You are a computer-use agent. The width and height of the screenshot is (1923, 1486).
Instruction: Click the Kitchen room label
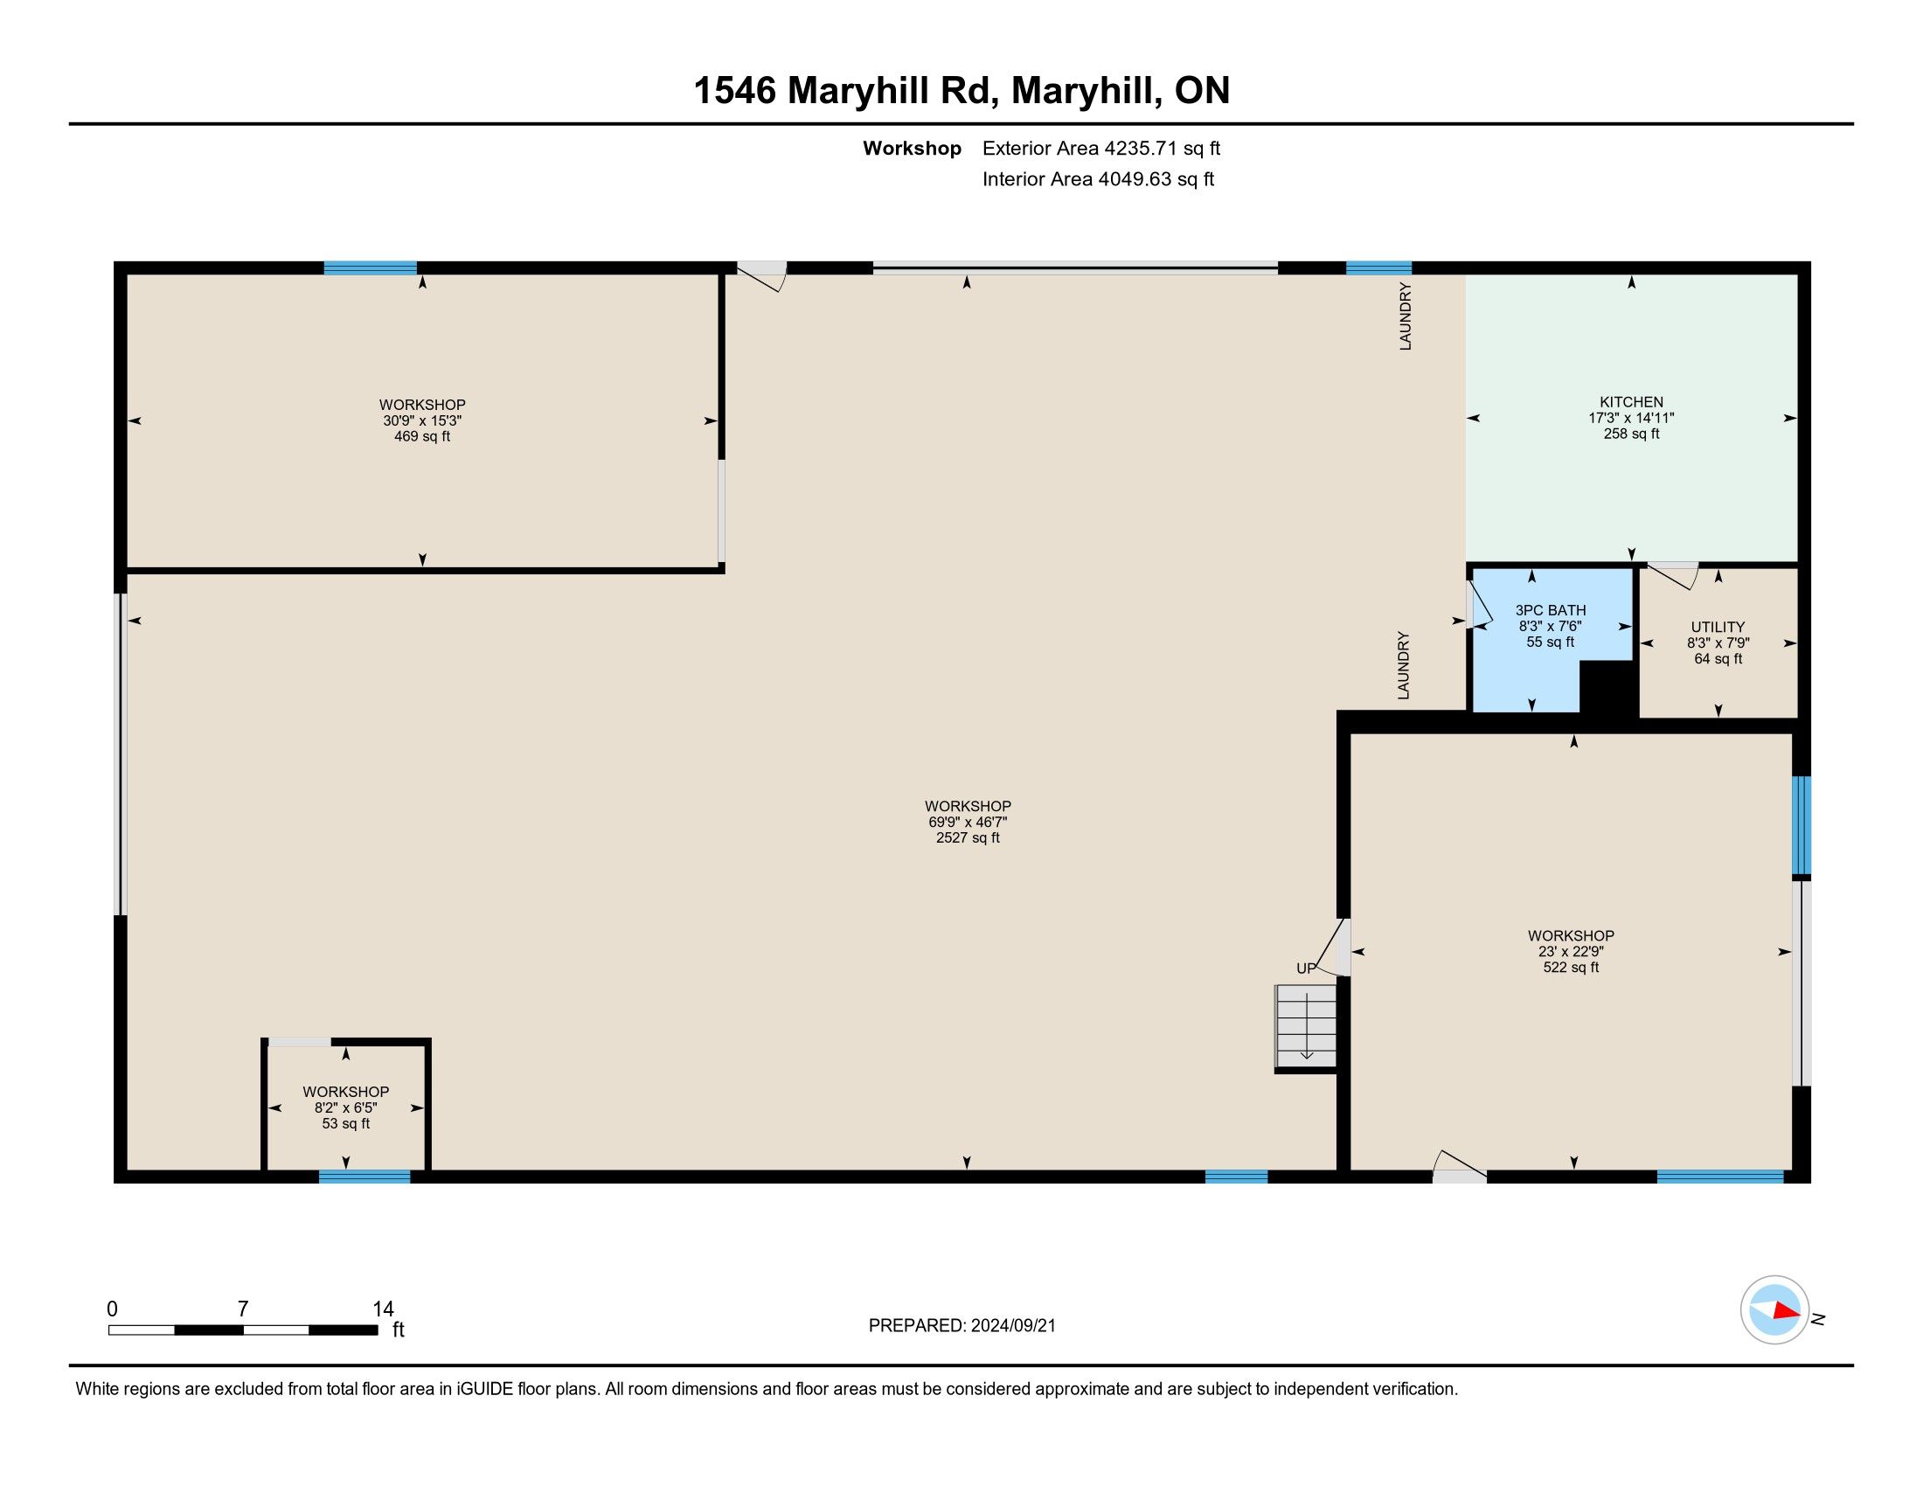pyautogui.click(x=1632, y=402)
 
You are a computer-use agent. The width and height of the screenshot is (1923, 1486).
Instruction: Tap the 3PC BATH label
pyautogui.click(x=1551, y=610)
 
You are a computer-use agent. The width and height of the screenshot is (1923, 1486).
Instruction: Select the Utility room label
pyautogui.click(x=1718, y=628)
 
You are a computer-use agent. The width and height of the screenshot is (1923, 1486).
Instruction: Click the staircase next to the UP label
pyautogui.click(x=1307, y=1026)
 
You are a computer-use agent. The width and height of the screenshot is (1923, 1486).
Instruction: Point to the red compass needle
pyautogui.click(x=1787, y=1311)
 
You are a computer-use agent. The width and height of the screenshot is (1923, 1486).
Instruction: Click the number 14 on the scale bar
pyautogui.click(x=383, y=1309)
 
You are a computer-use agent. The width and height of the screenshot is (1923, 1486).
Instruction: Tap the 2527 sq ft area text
pyautogui.click(x=968, y=838)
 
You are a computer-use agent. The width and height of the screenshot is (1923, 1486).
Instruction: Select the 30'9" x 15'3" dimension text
pyautogui.click(x=422, y=420)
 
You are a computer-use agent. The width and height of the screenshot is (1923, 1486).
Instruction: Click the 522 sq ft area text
pyautogui.click(x=1571, y=968)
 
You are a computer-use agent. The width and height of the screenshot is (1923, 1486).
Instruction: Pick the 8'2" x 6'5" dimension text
pyautogui.click(x=346, y=1108)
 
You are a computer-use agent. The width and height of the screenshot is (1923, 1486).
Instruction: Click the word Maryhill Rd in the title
pyautogui.click(x=892, y=91)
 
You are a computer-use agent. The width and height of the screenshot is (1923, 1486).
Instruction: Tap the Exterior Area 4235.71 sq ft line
pyautogui.click(x=1101, y=149)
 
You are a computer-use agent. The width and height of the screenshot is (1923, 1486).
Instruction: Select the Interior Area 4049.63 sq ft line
pyautogui.click(x=1098, y=179)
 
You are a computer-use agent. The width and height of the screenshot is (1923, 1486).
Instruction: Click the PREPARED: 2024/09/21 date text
pyautogui.click(x=961, y=1326)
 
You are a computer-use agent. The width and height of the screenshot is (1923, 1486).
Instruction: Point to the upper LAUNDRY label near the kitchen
pyautogui.click(x=1406, y=316)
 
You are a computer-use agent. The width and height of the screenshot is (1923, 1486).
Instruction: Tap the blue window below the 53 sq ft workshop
pyautogui.click(x=364, y=1176)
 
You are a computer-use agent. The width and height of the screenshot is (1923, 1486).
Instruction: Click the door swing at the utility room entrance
pyautogui.click(x=1673, y=576)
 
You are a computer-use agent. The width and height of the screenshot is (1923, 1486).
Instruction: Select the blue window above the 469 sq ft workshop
pyautogui.click(x=370, y=267)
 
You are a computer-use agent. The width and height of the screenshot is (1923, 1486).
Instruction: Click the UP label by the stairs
pyautogui.click(x=1306, y=969)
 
